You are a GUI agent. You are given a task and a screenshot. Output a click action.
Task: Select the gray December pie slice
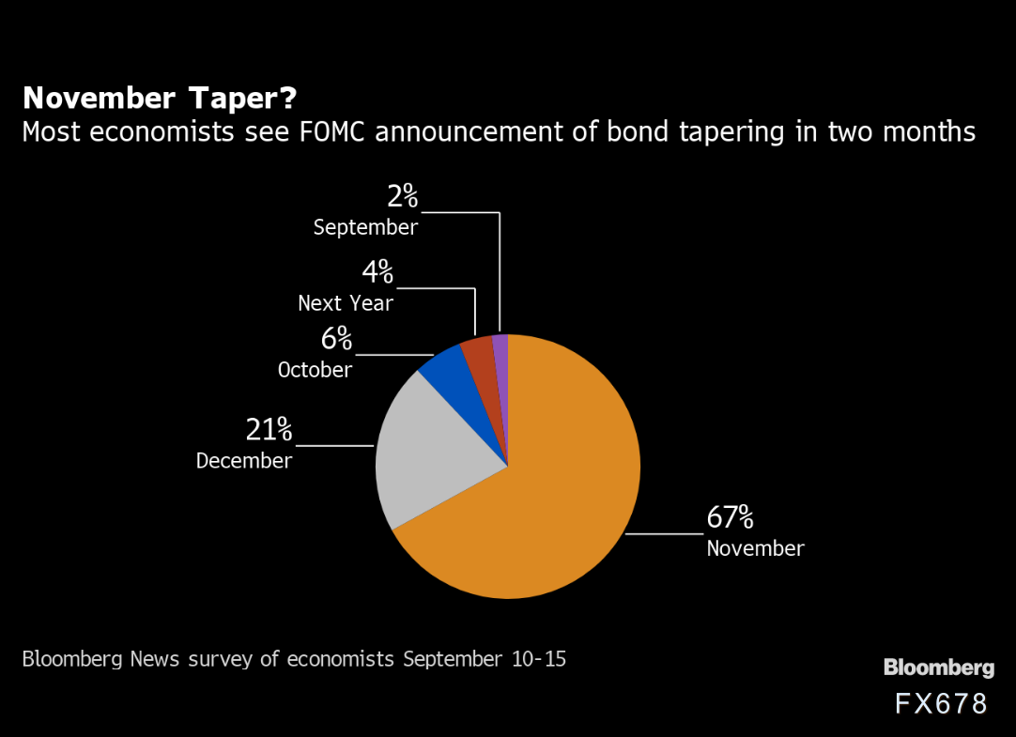pos(427,451)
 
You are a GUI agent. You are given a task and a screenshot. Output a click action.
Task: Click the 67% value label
pos(730,517)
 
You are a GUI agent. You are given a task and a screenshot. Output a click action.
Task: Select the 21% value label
pos(269,430)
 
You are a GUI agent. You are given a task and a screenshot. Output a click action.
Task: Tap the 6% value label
pos(335,339)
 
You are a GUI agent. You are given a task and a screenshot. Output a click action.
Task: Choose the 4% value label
pos(377,273)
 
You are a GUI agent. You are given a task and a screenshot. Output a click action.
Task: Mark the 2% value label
pos(402,196)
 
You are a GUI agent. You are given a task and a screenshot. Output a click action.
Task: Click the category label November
pos(755,548)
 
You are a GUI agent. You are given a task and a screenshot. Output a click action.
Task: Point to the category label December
pos(244,461)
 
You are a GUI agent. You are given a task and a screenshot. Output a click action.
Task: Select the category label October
pos(315,370)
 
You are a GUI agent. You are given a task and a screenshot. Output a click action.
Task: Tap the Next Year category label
pos(346,303)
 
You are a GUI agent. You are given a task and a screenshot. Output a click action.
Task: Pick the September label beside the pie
pos(365,227)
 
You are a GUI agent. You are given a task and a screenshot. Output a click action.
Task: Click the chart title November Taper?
pos(160,98)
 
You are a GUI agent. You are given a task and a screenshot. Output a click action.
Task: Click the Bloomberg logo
pos(938,668)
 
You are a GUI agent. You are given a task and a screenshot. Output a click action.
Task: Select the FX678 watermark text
pos(941,704)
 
